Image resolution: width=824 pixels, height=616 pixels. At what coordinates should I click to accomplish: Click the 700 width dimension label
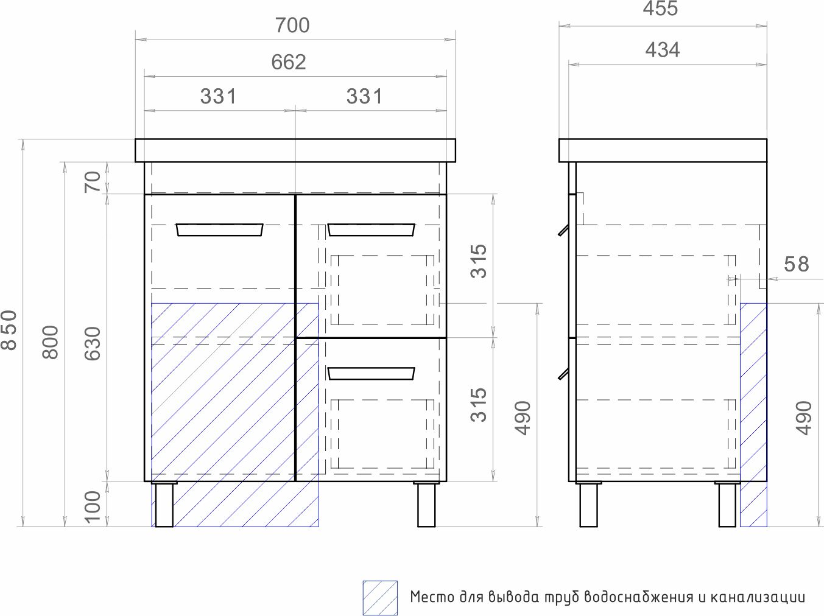[x=292, y=26]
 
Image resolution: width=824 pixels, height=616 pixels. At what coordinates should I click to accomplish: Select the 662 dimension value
[x=289, y=62]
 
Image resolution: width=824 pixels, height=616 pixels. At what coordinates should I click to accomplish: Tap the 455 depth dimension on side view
[x=660, y=9]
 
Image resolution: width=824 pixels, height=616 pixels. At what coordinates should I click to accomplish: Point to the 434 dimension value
[x=663, y=50]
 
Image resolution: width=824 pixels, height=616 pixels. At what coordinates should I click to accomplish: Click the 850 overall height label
[x=9, y=330]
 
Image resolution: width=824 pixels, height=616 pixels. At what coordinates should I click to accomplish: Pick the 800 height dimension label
[x=51, y=342]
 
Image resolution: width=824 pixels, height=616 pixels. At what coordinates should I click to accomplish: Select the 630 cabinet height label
[x=93, y=343]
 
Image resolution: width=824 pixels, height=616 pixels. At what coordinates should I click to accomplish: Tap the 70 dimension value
[x=93, y=182]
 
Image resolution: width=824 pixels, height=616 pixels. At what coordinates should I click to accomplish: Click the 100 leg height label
[x=93, y=507]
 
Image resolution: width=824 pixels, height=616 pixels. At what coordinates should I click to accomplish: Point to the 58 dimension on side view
[x=796, y=264]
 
